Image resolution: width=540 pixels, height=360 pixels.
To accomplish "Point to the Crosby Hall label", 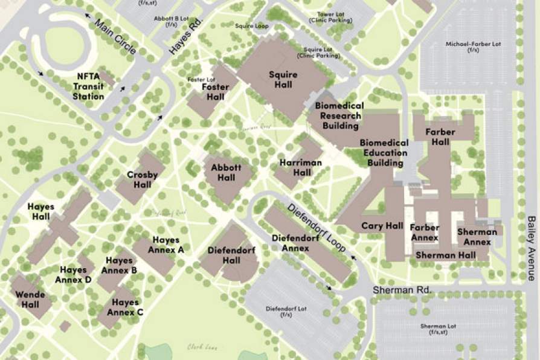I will [143, 179].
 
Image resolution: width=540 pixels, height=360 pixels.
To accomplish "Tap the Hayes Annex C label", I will [125, 307].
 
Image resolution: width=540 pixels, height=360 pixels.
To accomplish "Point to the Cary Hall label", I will [382, 226].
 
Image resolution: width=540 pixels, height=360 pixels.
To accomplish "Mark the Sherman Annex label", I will [477, 236].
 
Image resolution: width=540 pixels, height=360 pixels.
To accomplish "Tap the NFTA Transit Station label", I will [88, 86].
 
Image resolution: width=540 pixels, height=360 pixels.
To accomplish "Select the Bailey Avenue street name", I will [531, 248].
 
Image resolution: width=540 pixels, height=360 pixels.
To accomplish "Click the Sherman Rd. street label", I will [402, 291].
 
